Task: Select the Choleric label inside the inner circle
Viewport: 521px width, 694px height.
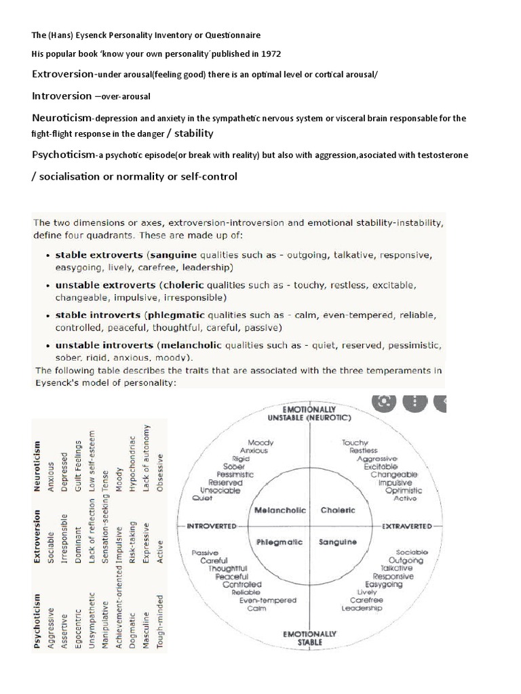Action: (x=338, y=510)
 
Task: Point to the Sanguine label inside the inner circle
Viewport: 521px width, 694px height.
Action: (x=338, y=542)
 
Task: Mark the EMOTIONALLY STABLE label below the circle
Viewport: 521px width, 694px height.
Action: (x=309, y=638)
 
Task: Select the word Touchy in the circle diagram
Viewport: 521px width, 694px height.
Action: (x=355, y=441)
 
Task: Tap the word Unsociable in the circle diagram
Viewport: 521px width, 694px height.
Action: (x=220, y=490)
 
